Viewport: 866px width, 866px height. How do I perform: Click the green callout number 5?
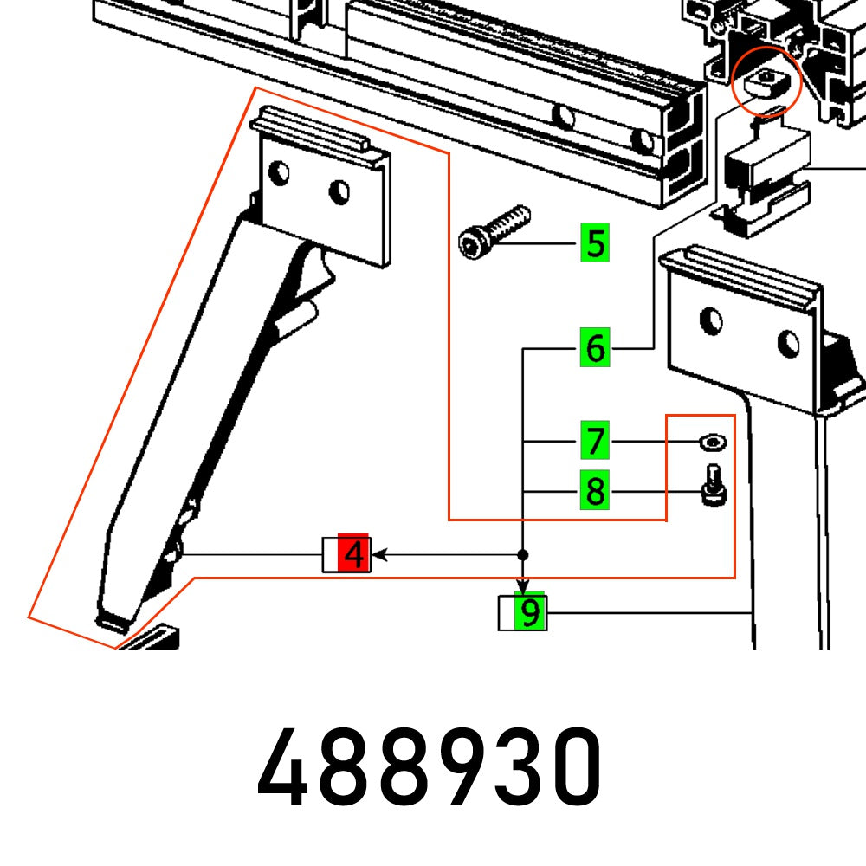595,243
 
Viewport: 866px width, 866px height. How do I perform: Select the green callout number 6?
595,349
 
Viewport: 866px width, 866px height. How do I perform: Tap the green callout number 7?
595,442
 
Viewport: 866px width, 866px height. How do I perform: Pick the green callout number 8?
595,493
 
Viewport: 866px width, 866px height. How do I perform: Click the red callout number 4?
354,553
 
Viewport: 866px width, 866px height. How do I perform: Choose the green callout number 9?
530,614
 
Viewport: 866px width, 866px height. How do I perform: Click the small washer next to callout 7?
712,443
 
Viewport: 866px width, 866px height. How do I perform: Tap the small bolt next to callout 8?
712,486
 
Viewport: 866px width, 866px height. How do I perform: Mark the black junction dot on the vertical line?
523,554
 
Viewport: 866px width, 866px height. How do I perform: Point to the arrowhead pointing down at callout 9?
523,589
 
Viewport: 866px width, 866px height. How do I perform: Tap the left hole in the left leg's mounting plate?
279,173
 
